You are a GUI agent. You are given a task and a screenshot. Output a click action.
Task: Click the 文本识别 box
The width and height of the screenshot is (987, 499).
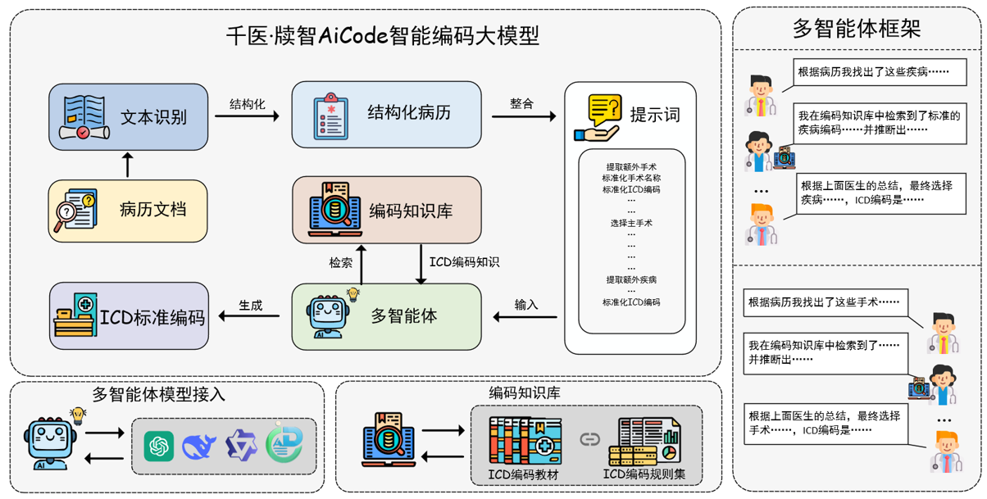[x=129, y=116]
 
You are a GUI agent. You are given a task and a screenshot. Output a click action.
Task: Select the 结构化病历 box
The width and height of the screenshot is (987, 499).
[x=386, y=114]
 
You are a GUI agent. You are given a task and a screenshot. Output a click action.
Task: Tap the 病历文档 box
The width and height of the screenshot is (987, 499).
[x=128, y=211]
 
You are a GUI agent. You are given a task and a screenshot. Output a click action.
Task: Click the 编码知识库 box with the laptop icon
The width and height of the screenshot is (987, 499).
[x=386, y=211]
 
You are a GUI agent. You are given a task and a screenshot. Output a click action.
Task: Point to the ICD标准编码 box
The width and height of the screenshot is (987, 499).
[x=129, y=316]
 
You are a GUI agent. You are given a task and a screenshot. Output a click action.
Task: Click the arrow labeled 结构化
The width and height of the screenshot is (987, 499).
[x=247, y=116]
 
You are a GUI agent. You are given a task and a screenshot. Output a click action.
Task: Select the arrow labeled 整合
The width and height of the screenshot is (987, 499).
[x=524, y=116]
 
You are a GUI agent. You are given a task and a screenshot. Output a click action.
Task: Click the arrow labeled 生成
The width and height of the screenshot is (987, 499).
[x=251, y=317]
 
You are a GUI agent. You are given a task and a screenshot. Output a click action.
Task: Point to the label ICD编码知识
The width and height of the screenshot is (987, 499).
[x=464, y=263]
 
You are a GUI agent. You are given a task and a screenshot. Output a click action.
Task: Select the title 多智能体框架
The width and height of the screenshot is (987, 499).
[x=857, y=29]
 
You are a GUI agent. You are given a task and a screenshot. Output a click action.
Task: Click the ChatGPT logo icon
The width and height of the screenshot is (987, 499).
[x=158, y=447]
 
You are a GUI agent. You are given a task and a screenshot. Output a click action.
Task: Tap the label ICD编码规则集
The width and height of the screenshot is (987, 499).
[x=644, y=474]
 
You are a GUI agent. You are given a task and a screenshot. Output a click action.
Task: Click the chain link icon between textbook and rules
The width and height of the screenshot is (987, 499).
[x=589, y=440]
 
